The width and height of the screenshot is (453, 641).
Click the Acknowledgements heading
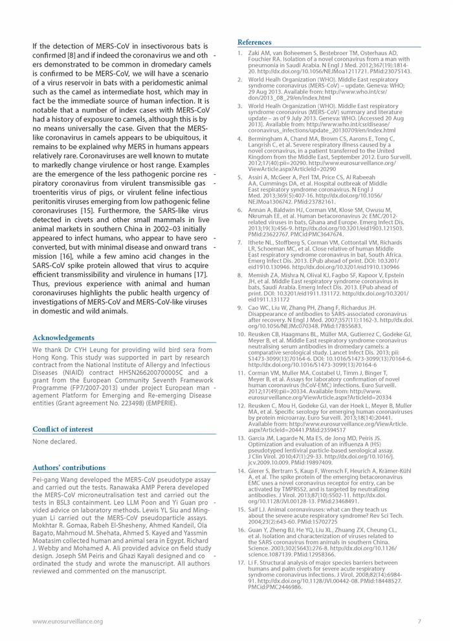63,337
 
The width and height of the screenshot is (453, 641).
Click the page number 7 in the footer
419,622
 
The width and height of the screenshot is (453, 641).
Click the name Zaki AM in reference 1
260,52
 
